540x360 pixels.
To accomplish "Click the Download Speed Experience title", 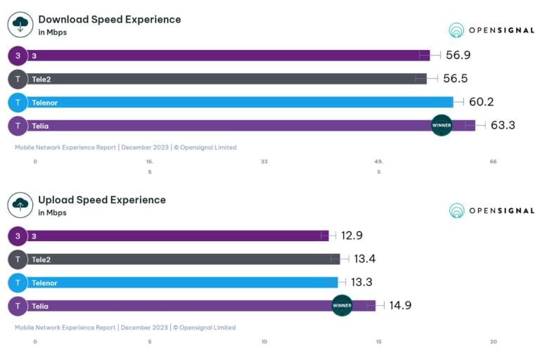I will click(x=109, y=20).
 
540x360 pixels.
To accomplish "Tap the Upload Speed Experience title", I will click(x=102, y=200).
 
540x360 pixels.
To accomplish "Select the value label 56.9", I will click(x=458, y=56).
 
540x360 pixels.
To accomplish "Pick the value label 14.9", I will click(x=392, y=306).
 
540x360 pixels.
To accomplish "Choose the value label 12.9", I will click(x=352, y=236).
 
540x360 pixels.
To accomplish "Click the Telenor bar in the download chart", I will click(x=239, y=103).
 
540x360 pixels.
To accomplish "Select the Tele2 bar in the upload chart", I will click(x=183, y=259).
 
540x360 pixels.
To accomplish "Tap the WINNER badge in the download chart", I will click(x=442, y=125).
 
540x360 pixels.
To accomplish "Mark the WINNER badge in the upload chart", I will click(x=342, y=305).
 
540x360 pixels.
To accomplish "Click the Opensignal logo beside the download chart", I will click(x=491, y=30).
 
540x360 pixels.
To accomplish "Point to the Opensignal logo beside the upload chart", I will click(x=491, y=210).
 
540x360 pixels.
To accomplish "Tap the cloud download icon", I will click(x=20, y=25).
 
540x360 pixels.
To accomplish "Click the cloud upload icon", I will click(x=20, y=205).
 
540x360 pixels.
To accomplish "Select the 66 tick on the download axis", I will click(x=493, y=162).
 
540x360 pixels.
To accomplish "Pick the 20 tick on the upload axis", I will click(x=493, y=342).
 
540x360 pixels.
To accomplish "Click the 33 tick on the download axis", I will click(x=264, y=162).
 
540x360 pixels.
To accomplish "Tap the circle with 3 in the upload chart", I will click(x=18, y=236).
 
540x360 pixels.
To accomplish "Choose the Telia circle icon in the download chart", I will click(x=18, y=126).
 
